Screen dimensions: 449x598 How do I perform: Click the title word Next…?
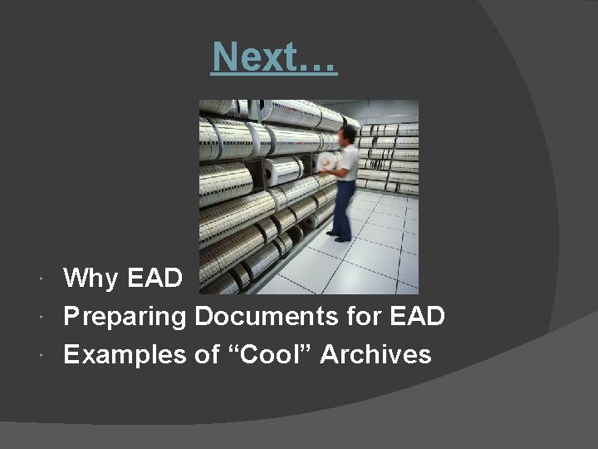(x=274, y=57)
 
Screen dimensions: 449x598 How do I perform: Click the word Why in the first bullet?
(x=91, y=278)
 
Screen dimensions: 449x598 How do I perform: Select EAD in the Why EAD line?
(x=155, y=278)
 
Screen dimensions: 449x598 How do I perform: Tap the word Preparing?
(x=125, y=317)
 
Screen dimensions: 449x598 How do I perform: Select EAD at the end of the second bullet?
(x=418, y=317)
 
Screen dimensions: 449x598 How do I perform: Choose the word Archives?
(x=375, y=355)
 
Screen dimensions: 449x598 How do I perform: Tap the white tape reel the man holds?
(x=327, y=162)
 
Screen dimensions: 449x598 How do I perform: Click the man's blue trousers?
(x=343, y=208)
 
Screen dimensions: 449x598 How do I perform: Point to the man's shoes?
(x=340, y=238)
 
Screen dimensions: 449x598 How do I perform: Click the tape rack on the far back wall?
(x=390, y=158)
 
